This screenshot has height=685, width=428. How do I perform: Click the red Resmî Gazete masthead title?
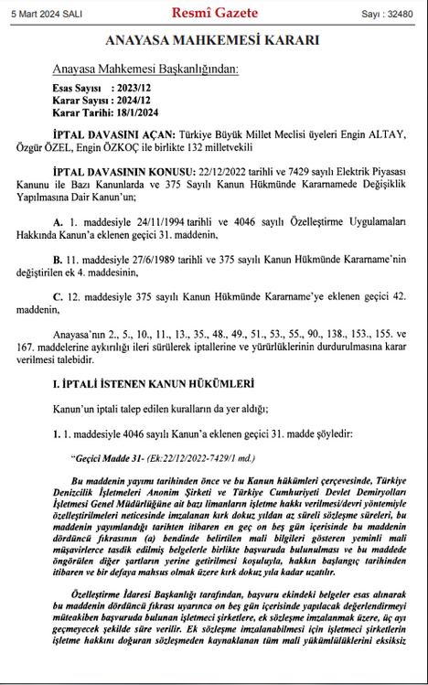pos(215,13)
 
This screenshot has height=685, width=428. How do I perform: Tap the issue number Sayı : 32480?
pos(388,14)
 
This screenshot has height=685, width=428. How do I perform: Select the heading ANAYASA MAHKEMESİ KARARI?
pos(213,41)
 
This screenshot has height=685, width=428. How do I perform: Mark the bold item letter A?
pos(58,222)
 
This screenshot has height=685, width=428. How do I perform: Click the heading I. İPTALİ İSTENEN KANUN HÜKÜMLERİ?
pos(140,384)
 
